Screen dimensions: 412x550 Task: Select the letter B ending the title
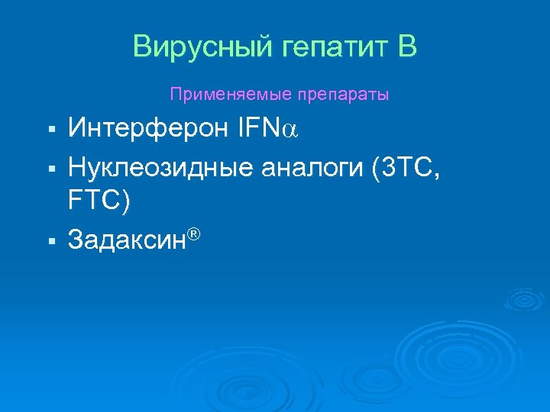point(407,47)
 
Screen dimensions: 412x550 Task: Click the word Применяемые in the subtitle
point(221,95)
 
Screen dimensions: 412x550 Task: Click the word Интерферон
point(147,129)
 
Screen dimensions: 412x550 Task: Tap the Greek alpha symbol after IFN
point(291,131)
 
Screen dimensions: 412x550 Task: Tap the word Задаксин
point(127,240)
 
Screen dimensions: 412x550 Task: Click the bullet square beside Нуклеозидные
point(50,167)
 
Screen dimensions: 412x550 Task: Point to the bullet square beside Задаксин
point(50,240)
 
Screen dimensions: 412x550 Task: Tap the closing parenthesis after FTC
point(125,202)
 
